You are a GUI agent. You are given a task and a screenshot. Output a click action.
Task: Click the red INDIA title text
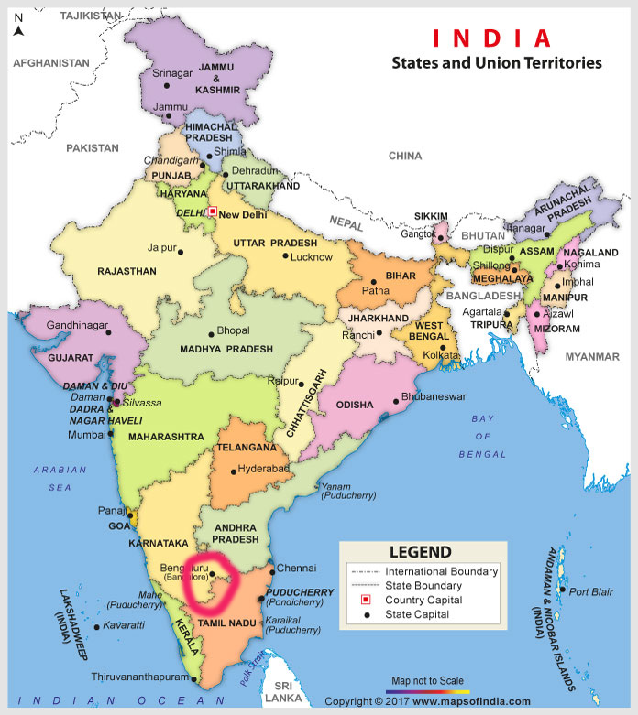(492, 38)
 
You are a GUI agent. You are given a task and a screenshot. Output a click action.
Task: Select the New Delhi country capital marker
(213, 211)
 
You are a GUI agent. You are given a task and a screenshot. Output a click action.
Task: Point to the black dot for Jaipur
(181, 252)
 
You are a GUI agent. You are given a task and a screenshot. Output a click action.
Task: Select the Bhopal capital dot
(211, 332)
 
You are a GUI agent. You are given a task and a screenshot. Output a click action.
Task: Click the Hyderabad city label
(264, 469)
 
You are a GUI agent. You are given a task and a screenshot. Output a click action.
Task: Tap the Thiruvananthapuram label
(141, 677)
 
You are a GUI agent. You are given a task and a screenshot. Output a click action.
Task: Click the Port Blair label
(590, 591)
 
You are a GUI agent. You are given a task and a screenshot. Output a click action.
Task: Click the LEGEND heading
(420, 552)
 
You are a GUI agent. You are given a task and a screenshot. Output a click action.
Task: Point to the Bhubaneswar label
(435, 396)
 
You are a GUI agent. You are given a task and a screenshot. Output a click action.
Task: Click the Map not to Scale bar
(426, 690)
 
